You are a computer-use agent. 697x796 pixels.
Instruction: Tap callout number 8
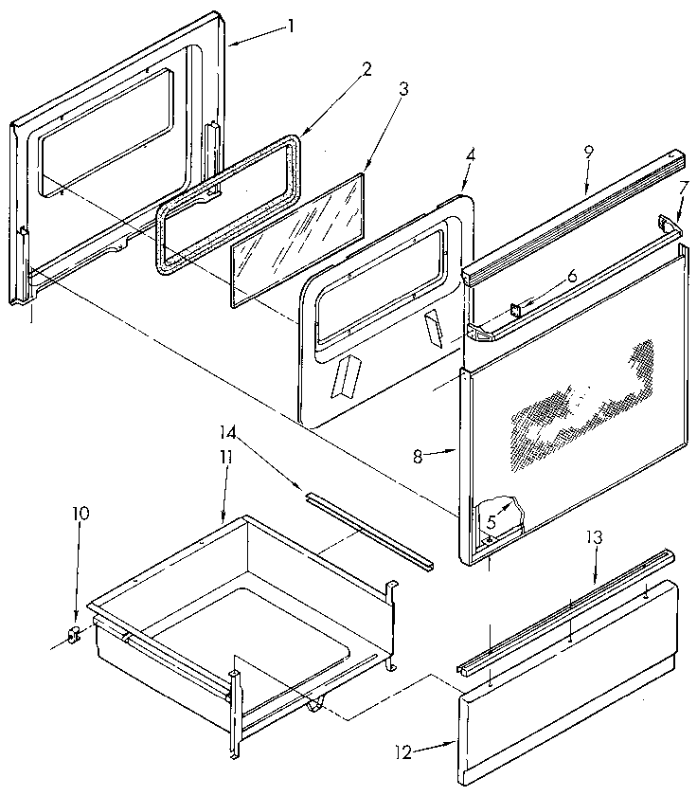(x=419, y=455)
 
